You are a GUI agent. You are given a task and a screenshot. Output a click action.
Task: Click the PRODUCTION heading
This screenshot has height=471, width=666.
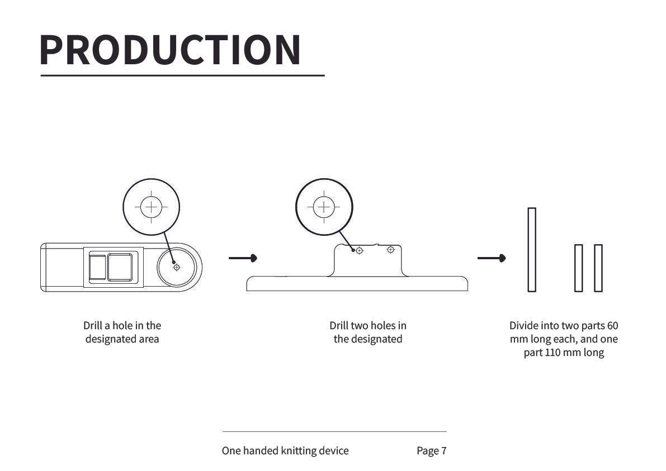point(171,50)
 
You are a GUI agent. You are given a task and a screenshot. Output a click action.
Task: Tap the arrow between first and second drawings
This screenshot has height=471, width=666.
point(243,258)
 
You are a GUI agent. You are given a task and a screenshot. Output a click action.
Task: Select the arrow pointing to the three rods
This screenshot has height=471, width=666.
point(492,258)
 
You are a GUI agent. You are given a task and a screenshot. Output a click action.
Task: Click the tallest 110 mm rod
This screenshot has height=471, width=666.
point(532,250)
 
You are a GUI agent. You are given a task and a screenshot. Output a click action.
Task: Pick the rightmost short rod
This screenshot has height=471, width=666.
point(598,268)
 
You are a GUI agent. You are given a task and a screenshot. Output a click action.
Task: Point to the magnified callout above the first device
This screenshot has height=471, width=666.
point(151,207)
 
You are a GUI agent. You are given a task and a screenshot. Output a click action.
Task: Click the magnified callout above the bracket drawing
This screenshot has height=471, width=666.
point(324,207)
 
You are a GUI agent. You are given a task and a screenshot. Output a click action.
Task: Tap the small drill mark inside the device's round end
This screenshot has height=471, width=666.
point(177,267)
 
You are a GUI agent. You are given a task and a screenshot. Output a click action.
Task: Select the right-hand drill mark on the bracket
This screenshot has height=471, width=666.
point(390,250)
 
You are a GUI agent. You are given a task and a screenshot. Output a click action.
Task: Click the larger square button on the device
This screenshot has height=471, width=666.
point(120,267)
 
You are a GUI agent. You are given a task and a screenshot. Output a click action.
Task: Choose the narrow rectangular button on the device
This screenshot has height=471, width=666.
point(97,267)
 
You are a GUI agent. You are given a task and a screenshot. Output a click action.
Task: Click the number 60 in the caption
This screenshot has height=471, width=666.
point(612,326)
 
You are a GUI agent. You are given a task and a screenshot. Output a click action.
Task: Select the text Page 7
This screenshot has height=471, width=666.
point(432,451)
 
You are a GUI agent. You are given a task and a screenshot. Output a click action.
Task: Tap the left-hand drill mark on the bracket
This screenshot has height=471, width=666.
point(360,251)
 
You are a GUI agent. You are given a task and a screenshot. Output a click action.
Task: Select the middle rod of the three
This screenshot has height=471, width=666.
point(578,268)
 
